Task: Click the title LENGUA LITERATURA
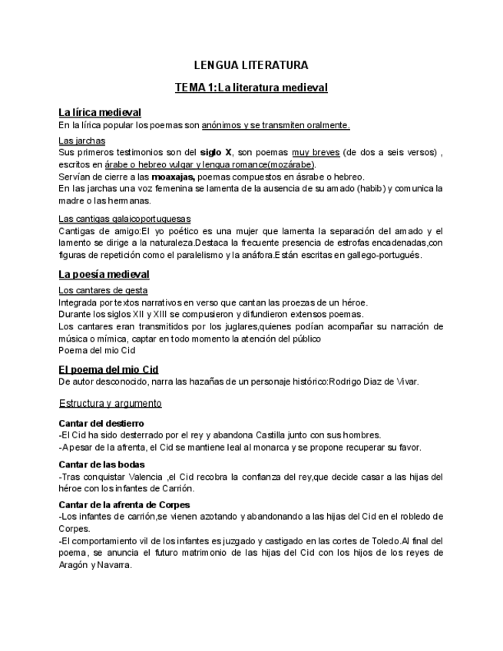click(250, 65)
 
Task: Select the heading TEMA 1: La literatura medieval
click(251, 88)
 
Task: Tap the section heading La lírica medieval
click(99, 112)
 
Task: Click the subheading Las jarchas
click(81, 140)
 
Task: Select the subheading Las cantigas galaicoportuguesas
click(124, 219)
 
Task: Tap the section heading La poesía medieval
click(104, 274)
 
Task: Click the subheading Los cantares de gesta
click(103, 290)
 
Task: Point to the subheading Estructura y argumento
click(109, 403)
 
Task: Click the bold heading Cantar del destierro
click(101, 423)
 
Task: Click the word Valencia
click(145, 477)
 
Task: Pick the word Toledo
click(379, 540)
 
